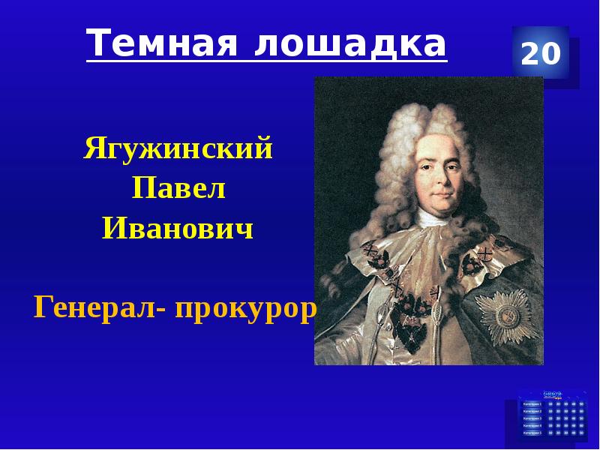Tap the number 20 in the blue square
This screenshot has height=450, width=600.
[540, 54]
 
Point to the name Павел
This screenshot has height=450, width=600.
[178, 189]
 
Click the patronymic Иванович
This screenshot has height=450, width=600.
[178, 228]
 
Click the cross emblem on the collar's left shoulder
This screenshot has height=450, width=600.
[372, 259]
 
